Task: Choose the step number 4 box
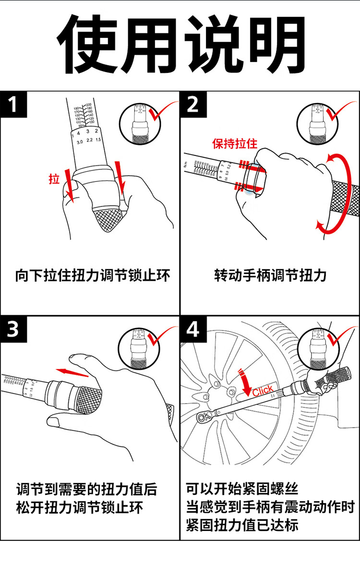193,330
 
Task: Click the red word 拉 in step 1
54,180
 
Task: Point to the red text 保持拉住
235,143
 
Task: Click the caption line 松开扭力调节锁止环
79,507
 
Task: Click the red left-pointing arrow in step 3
72,372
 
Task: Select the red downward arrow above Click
245,380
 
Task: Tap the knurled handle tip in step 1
108,218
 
